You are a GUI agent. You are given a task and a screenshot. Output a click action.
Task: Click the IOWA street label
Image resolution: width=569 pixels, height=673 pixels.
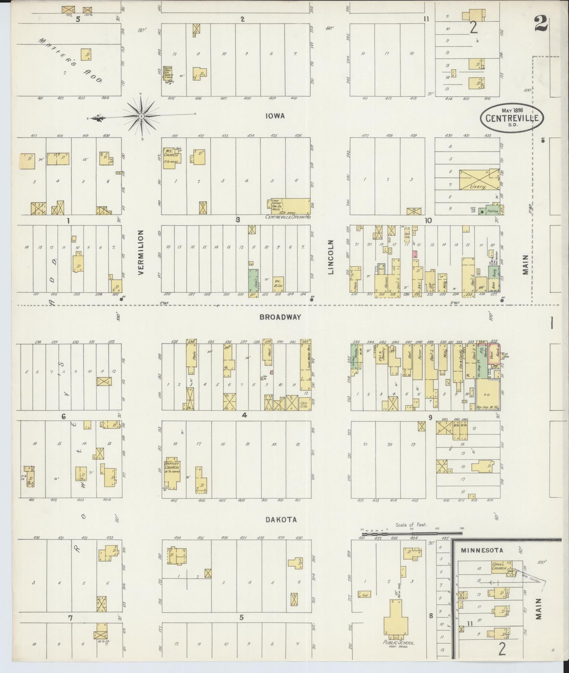(x=275, y=116)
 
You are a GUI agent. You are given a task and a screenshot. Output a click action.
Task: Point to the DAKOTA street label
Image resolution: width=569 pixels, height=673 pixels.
(x=281, y=520)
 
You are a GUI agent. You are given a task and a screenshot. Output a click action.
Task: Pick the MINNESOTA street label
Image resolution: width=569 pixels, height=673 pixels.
(x=482, y=550)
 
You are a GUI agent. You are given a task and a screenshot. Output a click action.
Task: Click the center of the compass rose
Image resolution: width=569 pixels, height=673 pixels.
(x=141, y=116)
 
